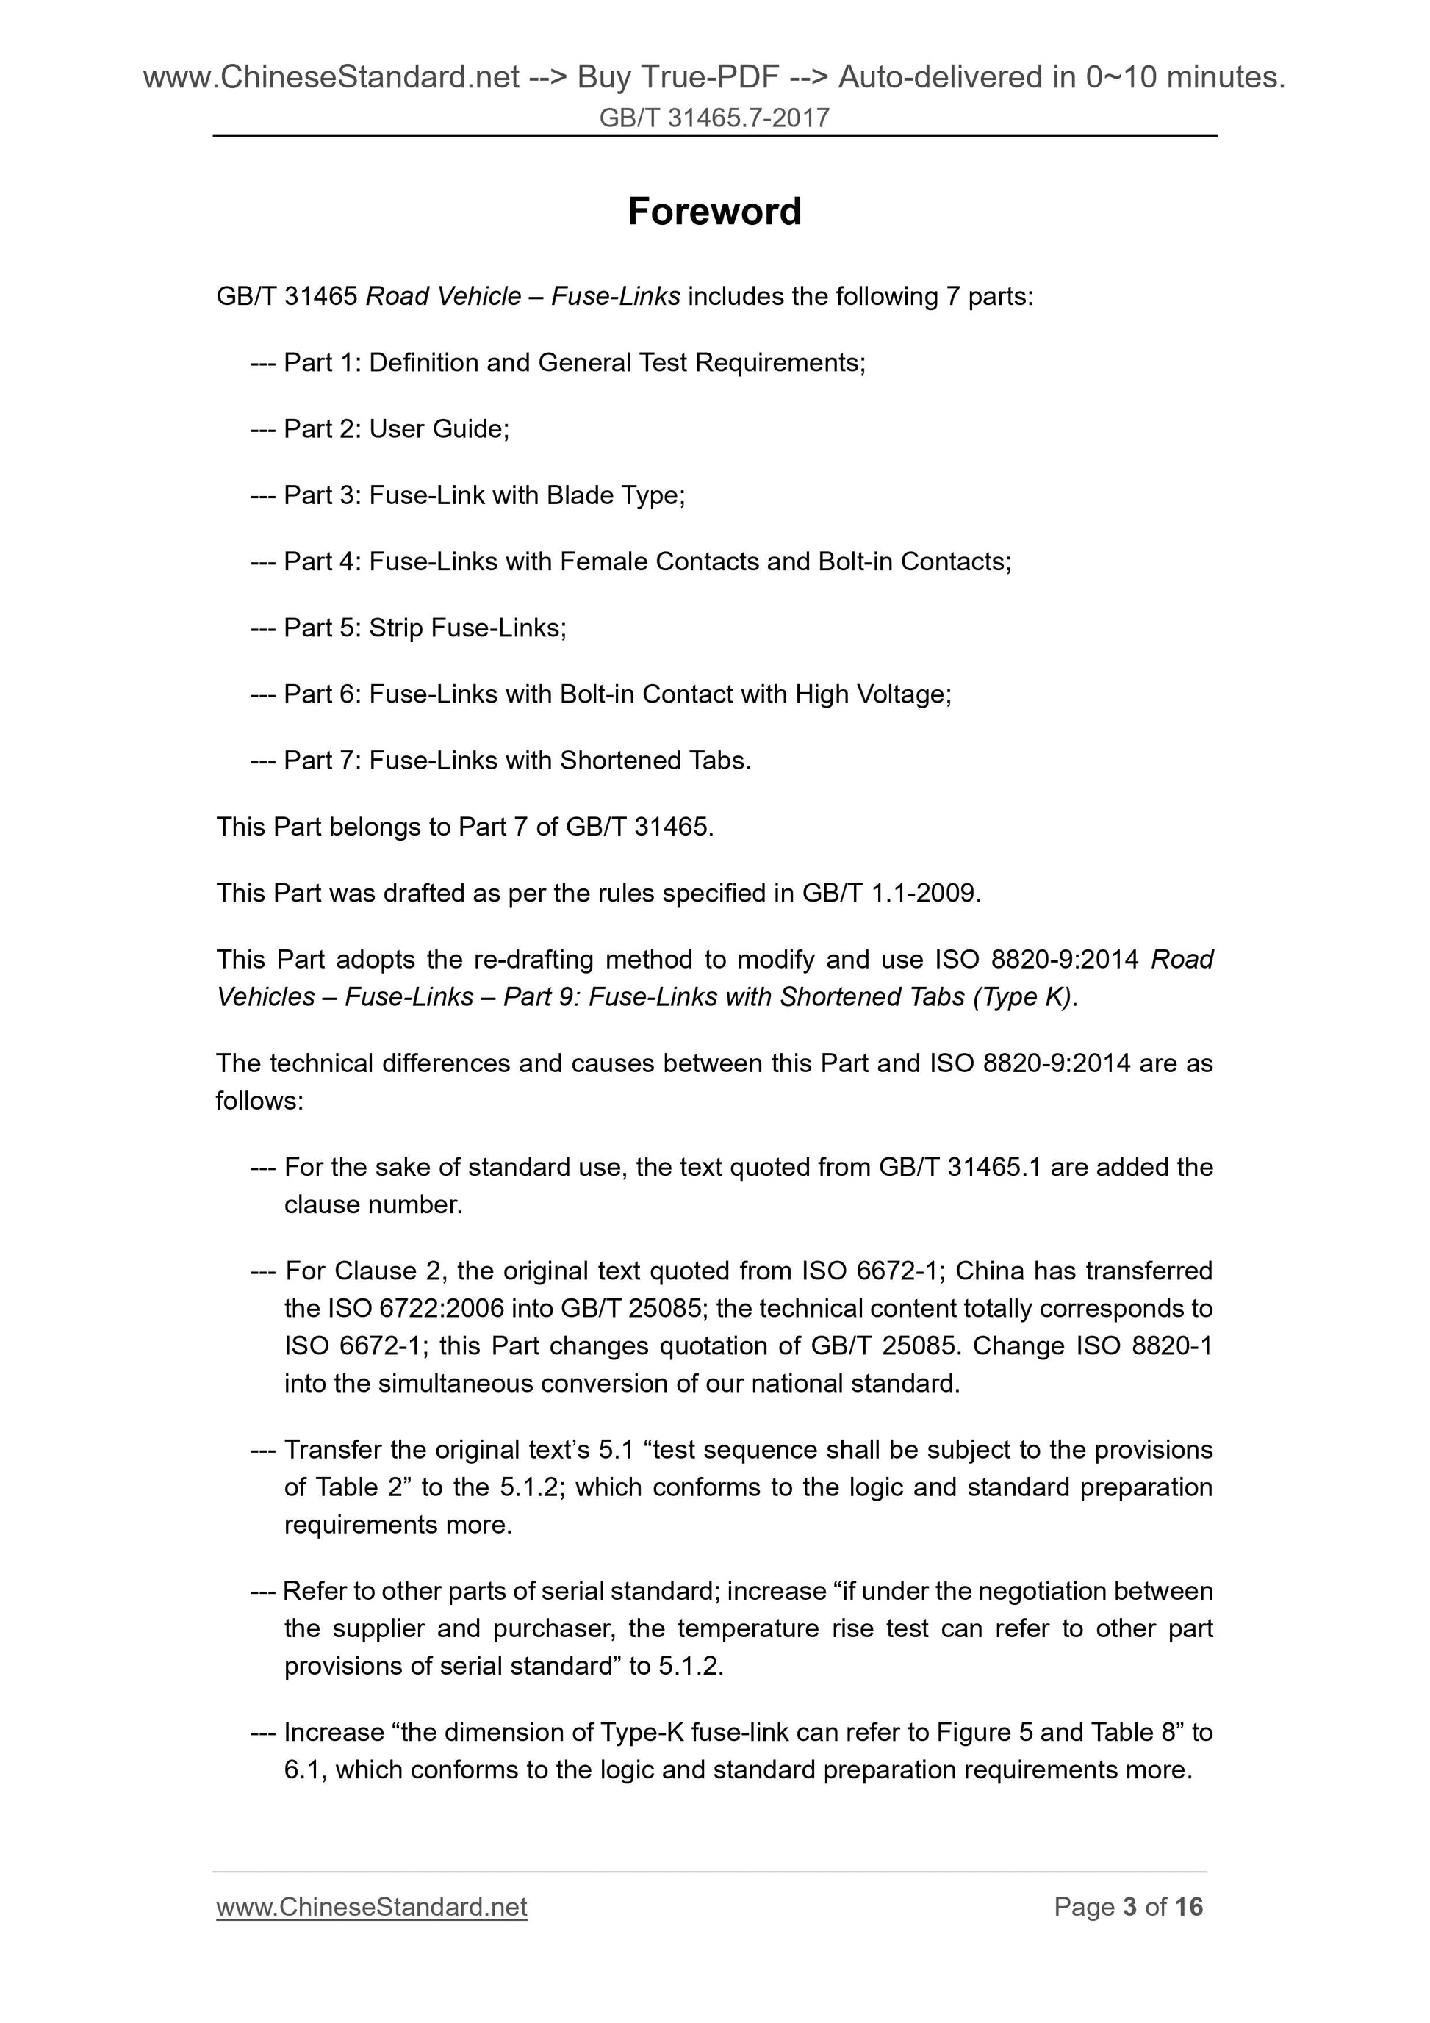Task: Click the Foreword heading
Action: click(714, 212)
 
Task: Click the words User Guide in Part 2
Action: click(438, 429)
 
